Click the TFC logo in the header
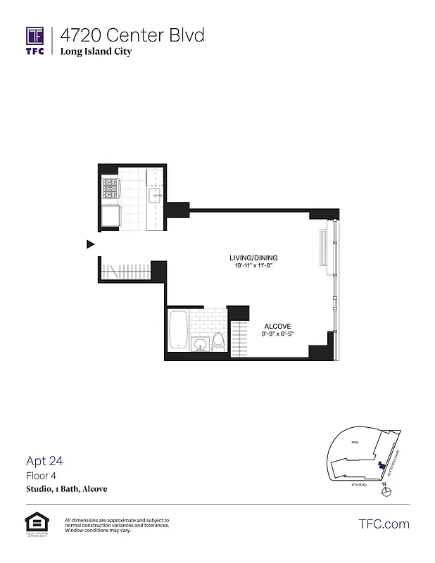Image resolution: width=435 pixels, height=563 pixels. tap(35, 41)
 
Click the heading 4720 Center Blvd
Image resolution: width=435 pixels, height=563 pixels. tap(132, 35)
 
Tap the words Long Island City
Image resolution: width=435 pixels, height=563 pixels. tap(96, 51)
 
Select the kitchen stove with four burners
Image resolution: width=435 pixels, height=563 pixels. tap(111, 189)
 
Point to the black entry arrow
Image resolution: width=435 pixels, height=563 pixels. tap(90, 244)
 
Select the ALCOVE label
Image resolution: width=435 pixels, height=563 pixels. tap(277, 327)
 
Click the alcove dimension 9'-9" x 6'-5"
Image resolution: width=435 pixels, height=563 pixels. tap(277, 334)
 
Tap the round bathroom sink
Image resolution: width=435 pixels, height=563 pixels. tap(200, 345)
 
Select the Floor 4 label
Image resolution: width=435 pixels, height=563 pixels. tap(40, 476)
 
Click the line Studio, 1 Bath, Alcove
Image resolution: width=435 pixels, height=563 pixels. tap(67, 488)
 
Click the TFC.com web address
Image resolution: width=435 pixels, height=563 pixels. tap(384, 524)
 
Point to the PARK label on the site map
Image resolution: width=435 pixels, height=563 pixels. tap(355, 443)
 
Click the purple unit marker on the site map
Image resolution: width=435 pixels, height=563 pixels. tap(381, 464)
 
